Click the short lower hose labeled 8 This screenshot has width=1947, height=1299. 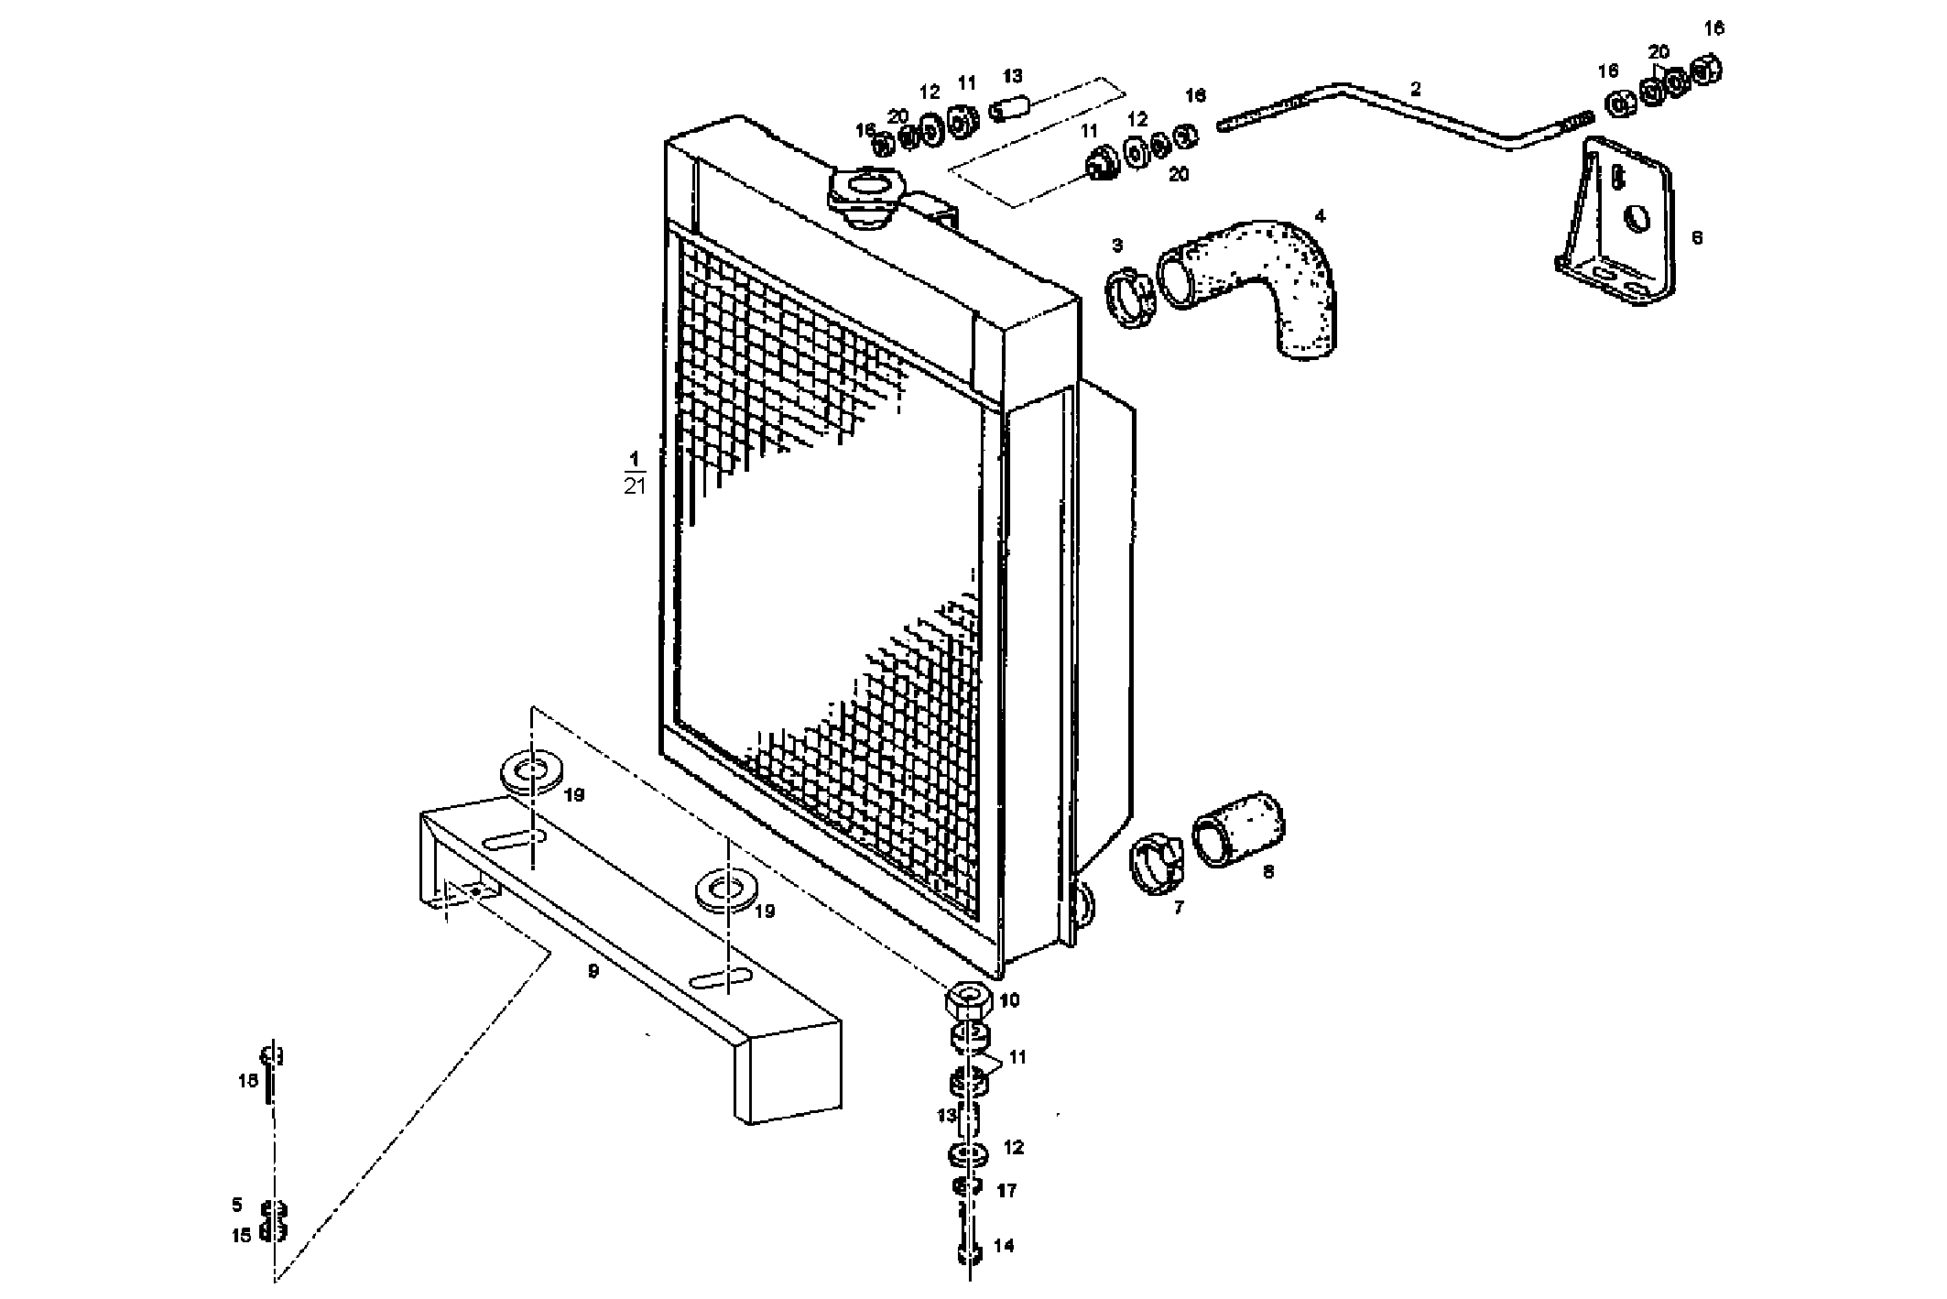click(x=1236, y=829)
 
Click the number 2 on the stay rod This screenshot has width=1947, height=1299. click(x=1416, y=90)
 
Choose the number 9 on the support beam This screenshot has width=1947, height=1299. click(x=593, y=971)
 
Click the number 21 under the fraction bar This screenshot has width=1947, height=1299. click(x=634, y=486)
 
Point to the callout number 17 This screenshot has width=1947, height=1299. click(x=1006, y=1191)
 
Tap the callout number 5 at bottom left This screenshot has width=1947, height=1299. click(x=237, y=1204)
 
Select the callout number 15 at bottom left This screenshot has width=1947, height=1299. click(x=240, y=1236)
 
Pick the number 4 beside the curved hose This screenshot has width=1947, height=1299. click(x=1320, y=217)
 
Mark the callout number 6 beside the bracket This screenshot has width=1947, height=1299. click(x=1697, y=238)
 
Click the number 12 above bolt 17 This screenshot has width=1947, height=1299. click(x=1013, y=1148)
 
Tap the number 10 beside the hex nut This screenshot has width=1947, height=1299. click(x=1008, y=1000)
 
